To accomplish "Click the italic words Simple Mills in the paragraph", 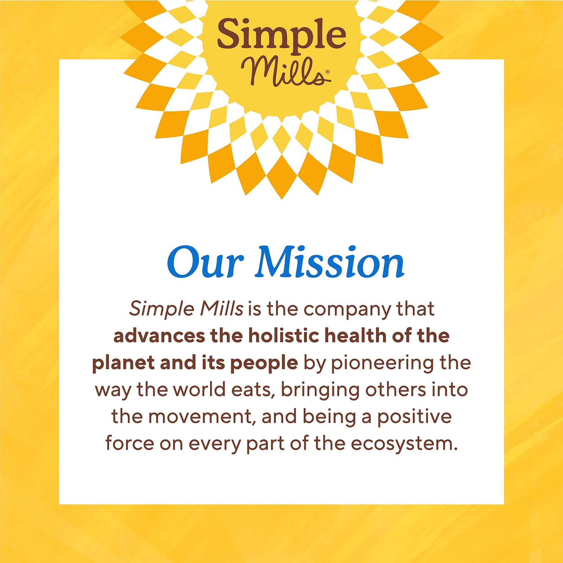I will [x=186, y=309].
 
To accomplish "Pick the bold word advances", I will [x=159, y=336].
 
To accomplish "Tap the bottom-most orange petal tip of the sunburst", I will [x=281, y=198].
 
